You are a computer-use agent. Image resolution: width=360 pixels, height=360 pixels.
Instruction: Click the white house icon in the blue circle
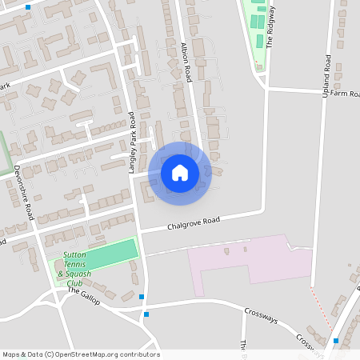180,173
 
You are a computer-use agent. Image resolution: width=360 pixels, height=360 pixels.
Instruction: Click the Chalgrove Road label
193,224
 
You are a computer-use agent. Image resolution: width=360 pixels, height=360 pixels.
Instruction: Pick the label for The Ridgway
270,28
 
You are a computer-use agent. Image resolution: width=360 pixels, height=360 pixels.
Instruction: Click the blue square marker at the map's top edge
29,6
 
